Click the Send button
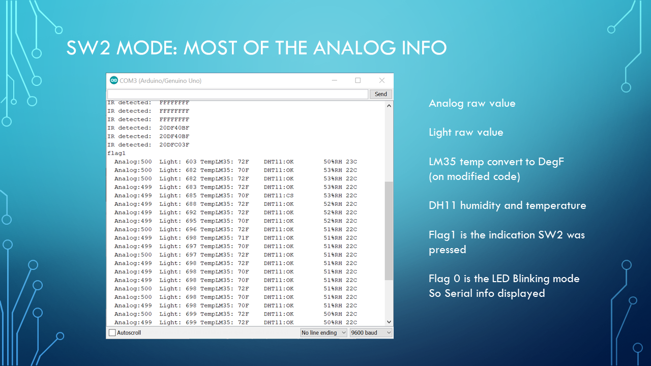[x=381, y=94]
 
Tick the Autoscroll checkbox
[x=112, y=333]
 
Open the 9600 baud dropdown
[x=371, y=333]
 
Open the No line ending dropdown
[x=323, y=333]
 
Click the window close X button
[x=381, y=80]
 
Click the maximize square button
[x=358, y=80]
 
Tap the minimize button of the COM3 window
[x=334, y=80]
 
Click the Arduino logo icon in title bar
[x=114, y=80]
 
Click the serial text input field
[x=237, y=94]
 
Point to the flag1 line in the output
[x=116, y=153]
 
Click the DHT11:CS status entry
[x=279, y=195]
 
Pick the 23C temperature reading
[x=351, y=162]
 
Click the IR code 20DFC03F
[x=174, y=144]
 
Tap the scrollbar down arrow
[x=389, y=322]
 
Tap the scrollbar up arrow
[x=389, y=106]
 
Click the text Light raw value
[x=466, y=132]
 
